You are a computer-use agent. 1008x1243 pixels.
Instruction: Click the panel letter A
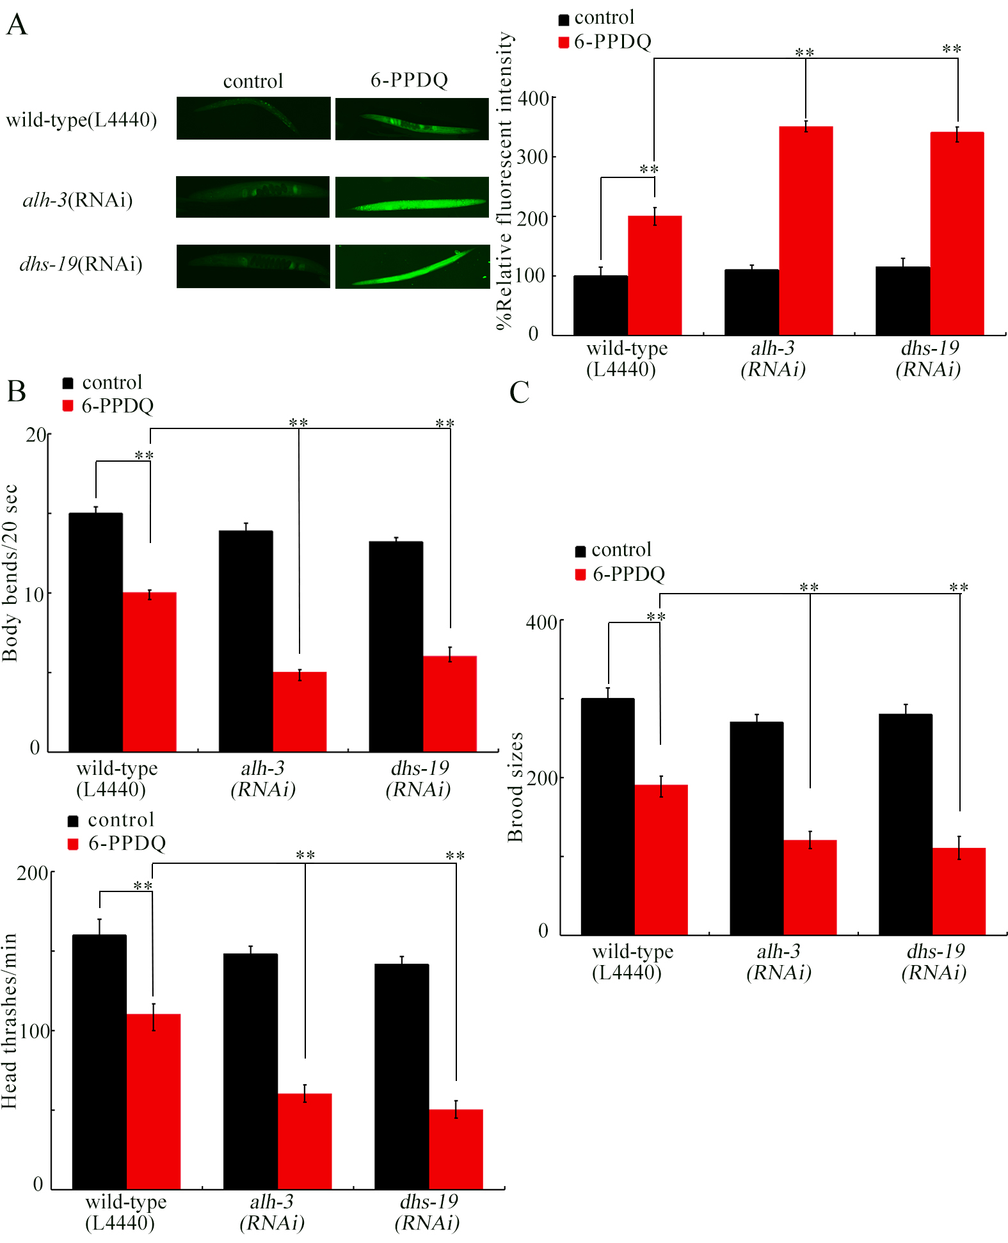point(17,25)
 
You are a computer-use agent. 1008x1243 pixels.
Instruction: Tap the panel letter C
point(519,392)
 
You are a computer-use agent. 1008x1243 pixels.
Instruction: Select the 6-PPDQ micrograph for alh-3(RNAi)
point(412,197)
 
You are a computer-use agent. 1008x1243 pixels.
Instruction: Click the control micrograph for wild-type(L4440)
point(253,118)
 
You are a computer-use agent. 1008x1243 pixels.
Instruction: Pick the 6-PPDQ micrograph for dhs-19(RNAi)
point(412,266)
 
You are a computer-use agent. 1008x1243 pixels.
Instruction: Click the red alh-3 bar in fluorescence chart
point(806,231)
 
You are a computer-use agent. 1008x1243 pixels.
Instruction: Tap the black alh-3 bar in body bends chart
point(246,640)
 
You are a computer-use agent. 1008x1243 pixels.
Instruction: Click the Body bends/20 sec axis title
point(10,573)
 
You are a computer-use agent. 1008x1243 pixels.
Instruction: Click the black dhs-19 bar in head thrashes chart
point(401,1076)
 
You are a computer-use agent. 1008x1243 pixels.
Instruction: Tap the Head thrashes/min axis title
point(9,1021)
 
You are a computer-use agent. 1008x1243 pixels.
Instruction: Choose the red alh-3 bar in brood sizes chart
point(810,887)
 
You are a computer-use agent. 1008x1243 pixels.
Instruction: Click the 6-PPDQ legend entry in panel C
point(620,574)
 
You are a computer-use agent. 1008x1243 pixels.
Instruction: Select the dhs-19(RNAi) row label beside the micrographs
point(81,264)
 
